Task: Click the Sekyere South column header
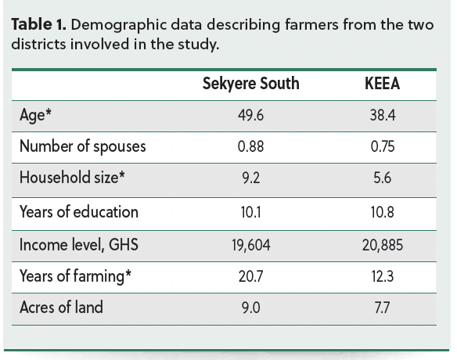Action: click(251, 84)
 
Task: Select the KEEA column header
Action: click(383, 84)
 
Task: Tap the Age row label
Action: click(35, 115)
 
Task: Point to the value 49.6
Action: click(250, 115)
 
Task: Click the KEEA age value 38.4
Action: click(383, 115)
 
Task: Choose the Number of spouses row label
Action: click(83, 146)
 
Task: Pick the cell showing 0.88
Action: click(250, 146)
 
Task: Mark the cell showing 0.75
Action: click(383, 146)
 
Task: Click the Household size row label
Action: click(72, 177)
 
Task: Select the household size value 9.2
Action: click(250, 178)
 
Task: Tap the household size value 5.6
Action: click(383, 178)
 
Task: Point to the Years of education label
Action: click(79, 211)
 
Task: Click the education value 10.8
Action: click(383, 212)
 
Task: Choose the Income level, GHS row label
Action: click(79, 245)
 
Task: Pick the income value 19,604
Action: click(251, 245)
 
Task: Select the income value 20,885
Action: click(383, 245)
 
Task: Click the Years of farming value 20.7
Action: click(250, 276)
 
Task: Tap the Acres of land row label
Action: click(61, 307)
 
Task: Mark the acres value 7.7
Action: click(383, 308)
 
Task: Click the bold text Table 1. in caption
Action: click(39, 24)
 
